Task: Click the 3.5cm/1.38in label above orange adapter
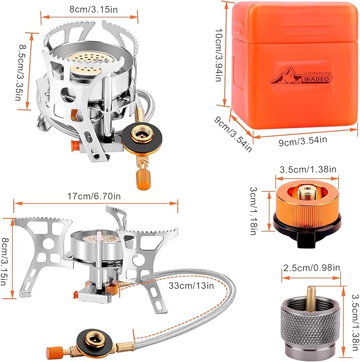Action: pyautogui.click(x=307, y=169)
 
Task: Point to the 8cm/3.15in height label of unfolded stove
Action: pyautogui.click(x=6, y=260)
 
